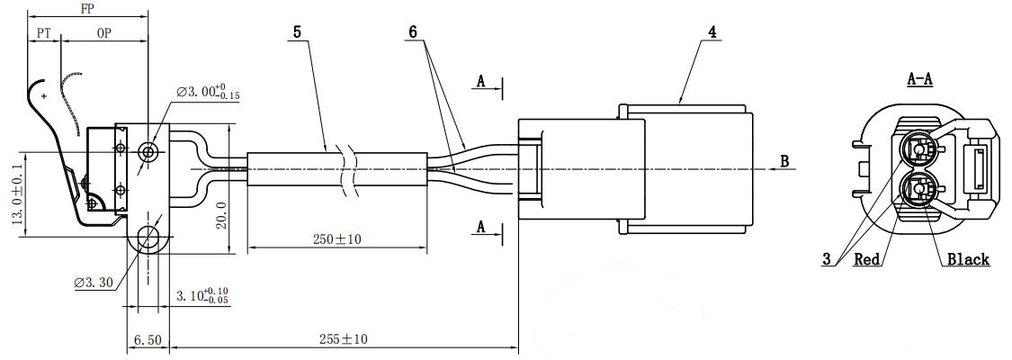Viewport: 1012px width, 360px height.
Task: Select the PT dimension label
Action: (43, 32)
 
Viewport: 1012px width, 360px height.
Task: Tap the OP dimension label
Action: (104, 32)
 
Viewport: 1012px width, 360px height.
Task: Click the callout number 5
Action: (297, 31)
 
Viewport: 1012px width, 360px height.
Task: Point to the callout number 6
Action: (413, 31)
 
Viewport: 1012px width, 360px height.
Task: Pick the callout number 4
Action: (712, 31)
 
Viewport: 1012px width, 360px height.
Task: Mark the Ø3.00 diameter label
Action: (208, 92)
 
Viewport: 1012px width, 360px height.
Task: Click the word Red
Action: (866, 260)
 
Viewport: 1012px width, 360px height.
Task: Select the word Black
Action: (967, 260)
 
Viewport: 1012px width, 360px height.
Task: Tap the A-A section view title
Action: (918, 79)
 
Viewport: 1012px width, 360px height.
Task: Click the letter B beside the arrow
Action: (784, 162)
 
